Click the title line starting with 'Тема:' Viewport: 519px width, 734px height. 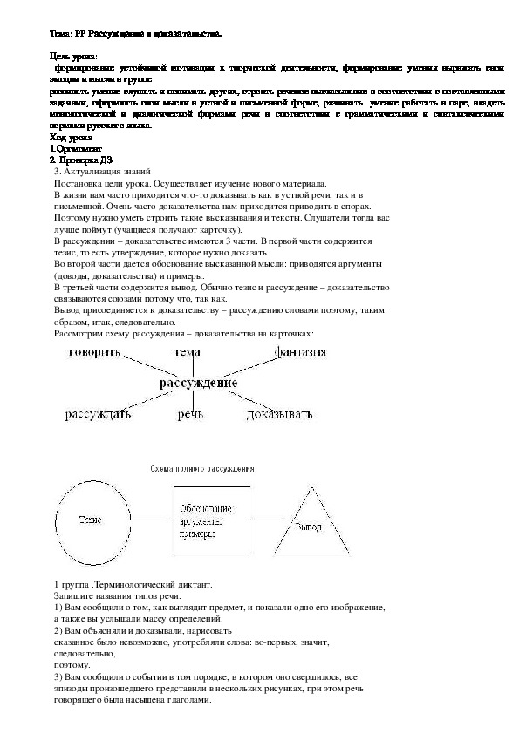click(x=136, y=33)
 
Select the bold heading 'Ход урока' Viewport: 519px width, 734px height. click(x=72, y=138)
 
